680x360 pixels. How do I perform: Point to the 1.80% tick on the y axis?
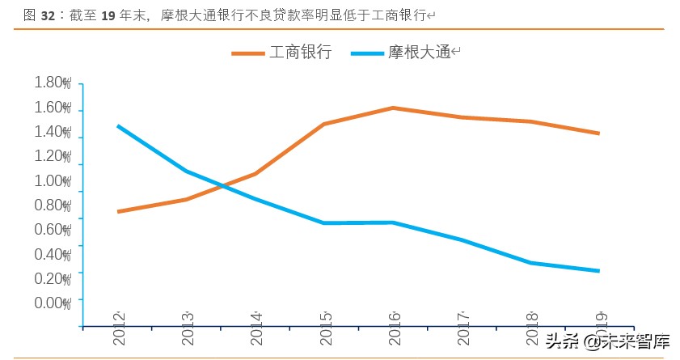53,83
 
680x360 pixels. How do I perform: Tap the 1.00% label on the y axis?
53,180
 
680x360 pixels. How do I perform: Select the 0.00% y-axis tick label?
53,303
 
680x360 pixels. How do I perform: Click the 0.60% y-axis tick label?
53,229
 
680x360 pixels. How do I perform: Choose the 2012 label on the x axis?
119,328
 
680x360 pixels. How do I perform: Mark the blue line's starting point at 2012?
119,126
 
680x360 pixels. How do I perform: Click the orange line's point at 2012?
119,212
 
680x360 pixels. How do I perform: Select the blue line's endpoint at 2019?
599,271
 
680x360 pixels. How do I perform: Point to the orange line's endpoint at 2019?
599,133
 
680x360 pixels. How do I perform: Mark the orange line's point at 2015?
324,124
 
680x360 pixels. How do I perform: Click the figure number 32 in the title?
49,15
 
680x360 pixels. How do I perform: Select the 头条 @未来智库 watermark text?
606,341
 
